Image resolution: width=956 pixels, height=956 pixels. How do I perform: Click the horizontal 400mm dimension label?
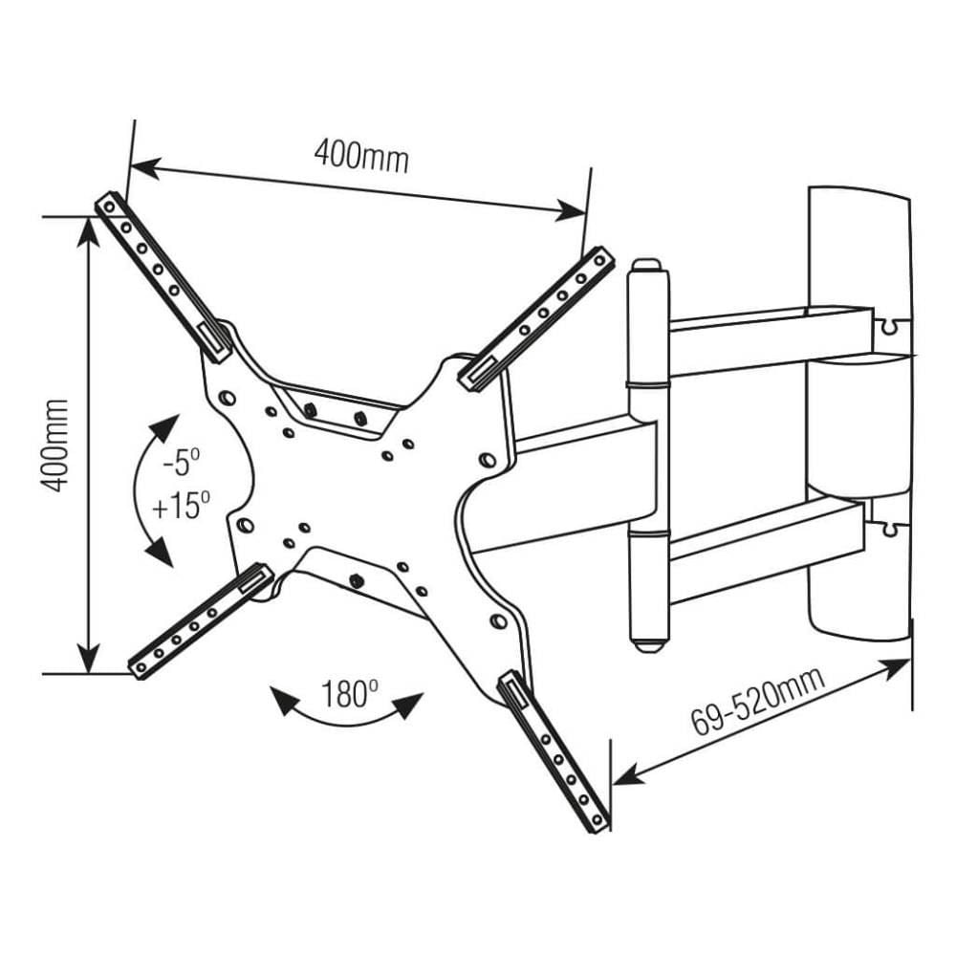361,156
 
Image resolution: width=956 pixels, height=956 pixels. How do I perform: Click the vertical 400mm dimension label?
56,445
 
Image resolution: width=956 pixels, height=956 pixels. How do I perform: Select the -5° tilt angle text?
181,464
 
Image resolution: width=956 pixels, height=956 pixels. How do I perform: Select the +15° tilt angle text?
181,504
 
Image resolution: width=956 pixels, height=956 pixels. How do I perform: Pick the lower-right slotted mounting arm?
554,750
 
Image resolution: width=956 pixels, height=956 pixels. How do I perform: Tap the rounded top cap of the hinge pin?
647,265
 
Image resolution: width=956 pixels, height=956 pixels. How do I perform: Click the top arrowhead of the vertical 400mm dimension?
88,228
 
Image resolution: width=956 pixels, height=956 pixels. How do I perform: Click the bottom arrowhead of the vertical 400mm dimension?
88,662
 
